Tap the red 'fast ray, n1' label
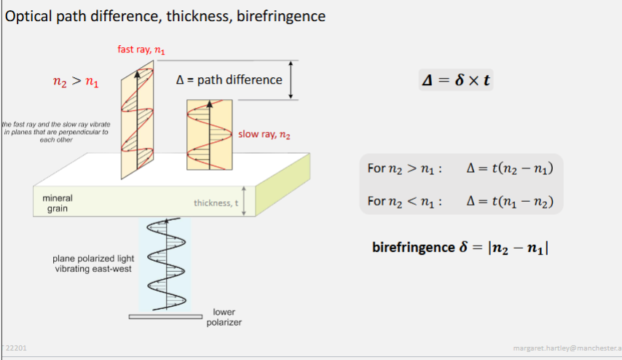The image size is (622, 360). click(141, 50)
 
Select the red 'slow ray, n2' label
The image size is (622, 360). click(264, 135)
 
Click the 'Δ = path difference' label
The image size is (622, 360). click(229, 80)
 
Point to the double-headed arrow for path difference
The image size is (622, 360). click(291, 79)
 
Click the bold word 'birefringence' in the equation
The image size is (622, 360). click(413, 247)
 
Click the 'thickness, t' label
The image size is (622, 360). click(216, 203)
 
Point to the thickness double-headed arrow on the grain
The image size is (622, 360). click(245, 200)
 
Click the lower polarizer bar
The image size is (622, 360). click(165, 317)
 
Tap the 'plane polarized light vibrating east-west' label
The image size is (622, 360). click(93, 263)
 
